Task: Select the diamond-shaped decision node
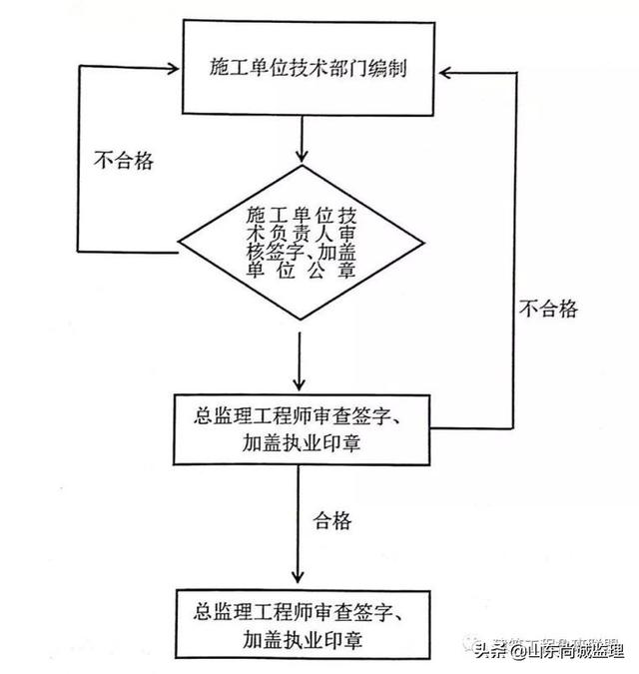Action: point(301,245)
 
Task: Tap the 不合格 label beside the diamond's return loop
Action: point(123,159)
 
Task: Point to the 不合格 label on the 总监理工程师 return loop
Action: point(547,309)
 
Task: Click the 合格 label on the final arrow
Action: point(335,520)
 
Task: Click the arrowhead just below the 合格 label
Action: point(301,578)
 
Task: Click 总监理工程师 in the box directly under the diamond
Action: point(251,414)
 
